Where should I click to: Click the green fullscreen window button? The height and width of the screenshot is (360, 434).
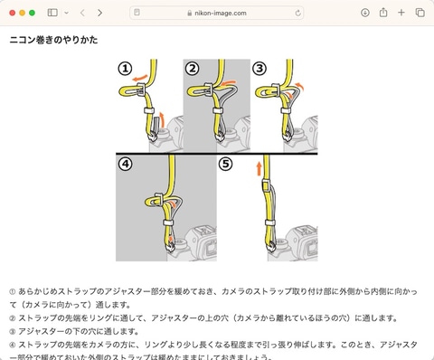(x=33, y=13)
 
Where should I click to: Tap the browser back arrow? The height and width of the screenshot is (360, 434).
(x=82, y=13)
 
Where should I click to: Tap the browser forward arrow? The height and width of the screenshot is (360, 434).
(x=99, y=13)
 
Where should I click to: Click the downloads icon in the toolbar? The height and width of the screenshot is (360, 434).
(x=365, y=13)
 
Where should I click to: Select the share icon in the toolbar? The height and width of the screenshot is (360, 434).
(x=383, y=13)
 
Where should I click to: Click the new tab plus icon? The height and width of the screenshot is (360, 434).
(x=401, y=13)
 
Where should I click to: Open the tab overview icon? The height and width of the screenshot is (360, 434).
(x=420, y=13)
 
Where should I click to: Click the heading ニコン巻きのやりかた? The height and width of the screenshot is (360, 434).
(x=53, y=41)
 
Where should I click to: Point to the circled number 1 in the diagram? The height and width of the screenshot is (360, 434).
(x=125, y=69)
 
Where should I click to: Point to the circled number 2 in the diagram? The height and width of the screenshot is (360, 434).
(x=193, y=69)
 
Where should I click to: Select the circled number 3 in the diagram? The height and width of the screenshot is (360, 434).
(x=259, y=69)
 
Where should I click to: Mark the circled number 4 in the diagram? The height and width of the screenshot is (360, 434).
(x=126, y=165)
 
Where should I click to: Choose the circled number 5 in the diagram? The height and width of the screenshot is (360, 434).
(x=226, y=165)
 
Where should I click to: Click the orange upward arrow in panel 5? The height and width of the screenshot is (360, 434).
(x=259, y=167)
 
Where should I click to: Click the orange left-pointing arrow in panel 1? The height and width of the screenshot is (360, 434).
(x=136, y=80)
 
